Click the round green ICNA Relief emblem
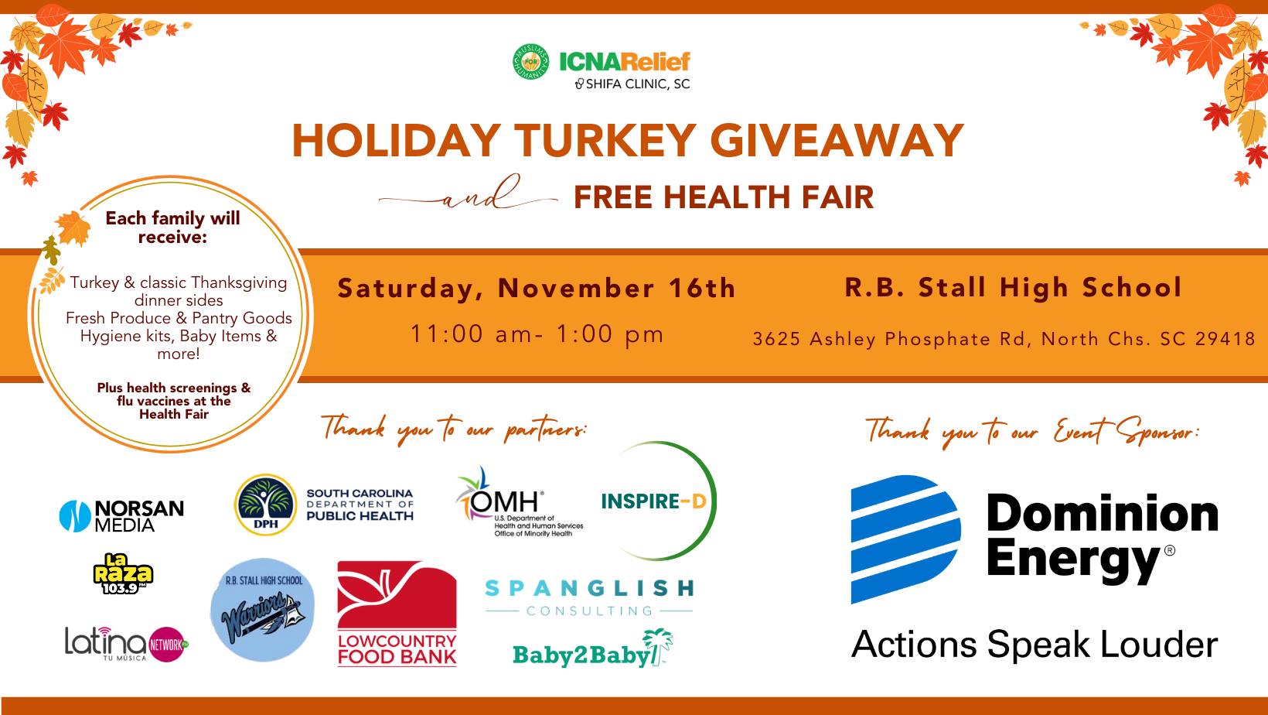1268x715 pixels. point(531,61)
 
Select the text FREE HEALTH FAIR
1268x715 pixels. point(724,197)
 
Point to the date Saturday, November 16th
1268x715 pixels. point(537,289)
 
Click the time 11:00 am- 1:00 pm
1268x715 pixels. point(537,334)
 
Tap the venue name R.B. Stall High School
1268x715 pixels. point(1014,287)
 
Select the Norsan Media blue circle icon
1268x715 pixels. point(75,516)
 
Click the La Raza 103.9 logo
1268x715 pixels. point(123,573)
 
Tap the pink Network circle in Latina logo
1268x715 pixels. point(167,645)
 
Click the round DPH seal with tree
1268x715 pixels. point(265,505)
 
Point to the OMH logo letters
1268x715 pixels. point(504,500)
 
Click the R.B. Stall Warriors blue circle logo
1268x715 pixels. point(263,611)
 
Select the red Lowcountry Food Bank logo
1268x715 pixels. point(397,614)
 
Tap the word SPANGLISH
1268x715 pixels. point(589,589)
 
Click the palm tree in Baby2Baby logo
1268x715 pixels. point(658,646)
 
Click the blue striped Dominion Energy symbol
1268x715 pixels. point(905,539)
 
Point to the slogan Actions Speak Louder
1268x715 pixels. point(1035,645)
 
